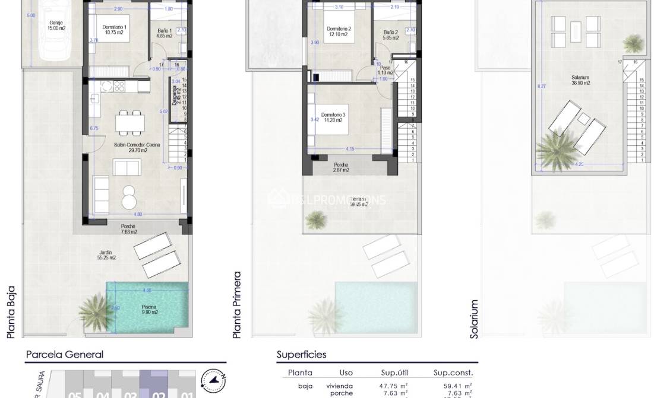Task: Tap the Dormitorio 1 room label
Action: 113,30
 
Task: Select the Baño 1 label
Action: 164,33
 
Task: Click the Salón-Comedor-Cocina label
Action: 131,147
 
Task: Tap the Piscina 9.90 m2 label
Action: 150,310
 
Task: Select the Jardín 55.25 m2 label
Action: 107,255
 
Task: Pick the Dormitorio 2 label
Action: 339,31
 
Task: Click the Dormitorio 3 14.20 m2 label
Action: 333,117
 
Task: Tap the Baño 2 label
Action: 390,35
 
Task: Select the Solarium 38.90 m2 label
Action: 580,80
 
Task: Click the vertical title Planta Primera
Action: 237,305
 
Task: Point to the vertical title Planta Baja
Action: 11,312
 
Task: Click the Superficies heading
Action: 301,355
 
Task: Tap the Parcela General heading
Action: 64,355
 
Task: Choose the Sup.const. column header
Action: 453,372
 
